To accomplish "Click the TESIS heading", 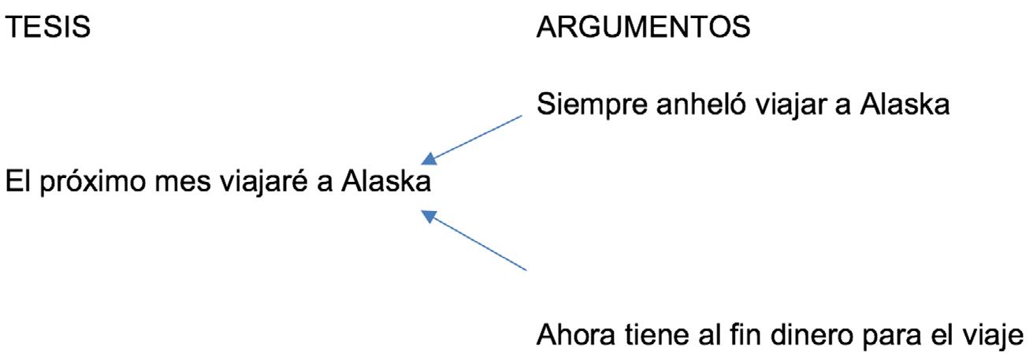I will pos(48,29).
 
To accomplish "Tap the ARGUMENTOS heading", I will pos(643,29).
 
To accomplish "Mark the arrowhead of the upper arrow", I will pos(431,158).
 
